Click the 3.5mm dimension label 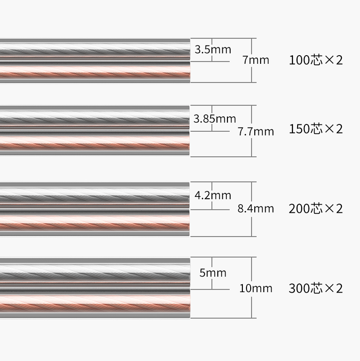(x=213, y=50)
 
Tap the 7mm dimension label (x=256, y=60)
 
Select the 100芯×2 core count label (x=316, y=60)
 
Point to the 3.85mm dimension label (x=215, y=119)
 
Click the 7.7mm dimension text (x=256, y=132)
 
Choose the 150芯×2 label (x=316, y=129)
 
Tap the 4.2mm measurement (x=213, y=196)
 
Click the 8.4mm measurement (x=256, y=209)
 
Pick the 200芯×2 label (x=316, y=209)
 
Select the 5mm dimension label (x=213, y=273)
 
